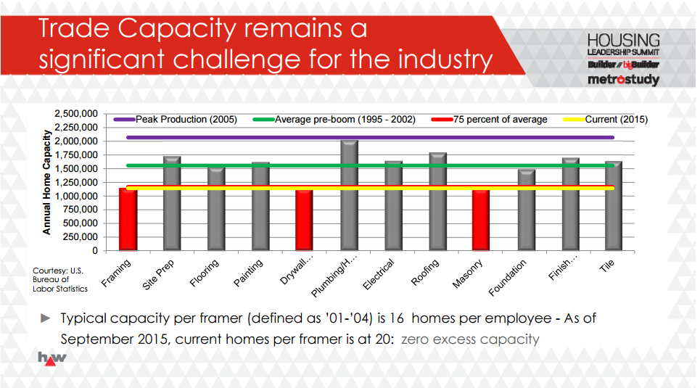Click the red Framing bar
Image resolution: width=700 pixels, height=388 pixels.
tap(128, 219)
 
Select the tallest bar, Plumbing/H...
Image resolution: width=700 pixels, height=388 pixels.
tap(349, 196)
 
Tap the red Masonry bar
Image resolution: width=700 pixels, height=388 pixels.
tap(481, 220)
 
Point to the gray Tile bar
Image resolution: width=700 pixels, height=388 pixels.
tap(614, 206)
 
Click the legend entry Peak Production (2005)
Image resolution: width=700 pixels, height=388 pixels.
tap(186, 120)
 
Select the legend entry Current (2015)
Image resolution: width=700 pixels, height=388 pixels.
tap(617, 120)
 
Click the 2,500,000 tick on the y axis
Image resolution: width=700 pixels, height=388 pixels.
tap(75, 114)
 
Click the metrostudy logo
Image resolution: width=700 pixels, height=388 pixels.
tap(624, 79)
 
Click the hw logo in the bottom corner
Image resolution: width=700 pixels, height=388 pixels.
tap(52, 358)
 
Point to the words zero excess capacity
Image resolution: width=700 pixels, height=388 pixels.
tap(470, 339)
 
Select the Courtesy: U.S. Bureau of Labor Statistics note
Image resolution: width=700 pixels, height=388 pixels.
tap(60, 279)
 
